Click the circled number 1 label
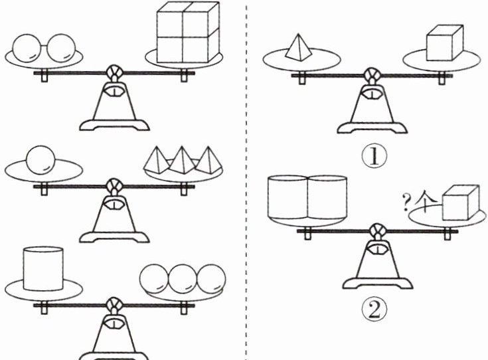click(x=374, y=157)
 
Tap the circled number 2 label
click(x=374, y=307)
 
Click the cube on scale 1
click(x=444, y=45)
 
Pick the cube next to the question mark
click(x=461, y=203)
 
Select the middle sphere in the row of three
click(x=182, y=279)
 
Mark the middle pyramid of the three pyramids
click(x=183, y=160)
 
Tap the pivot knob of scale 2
click(x=376, y=232)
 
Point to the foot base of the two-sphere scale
click(x=115, y=124)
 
